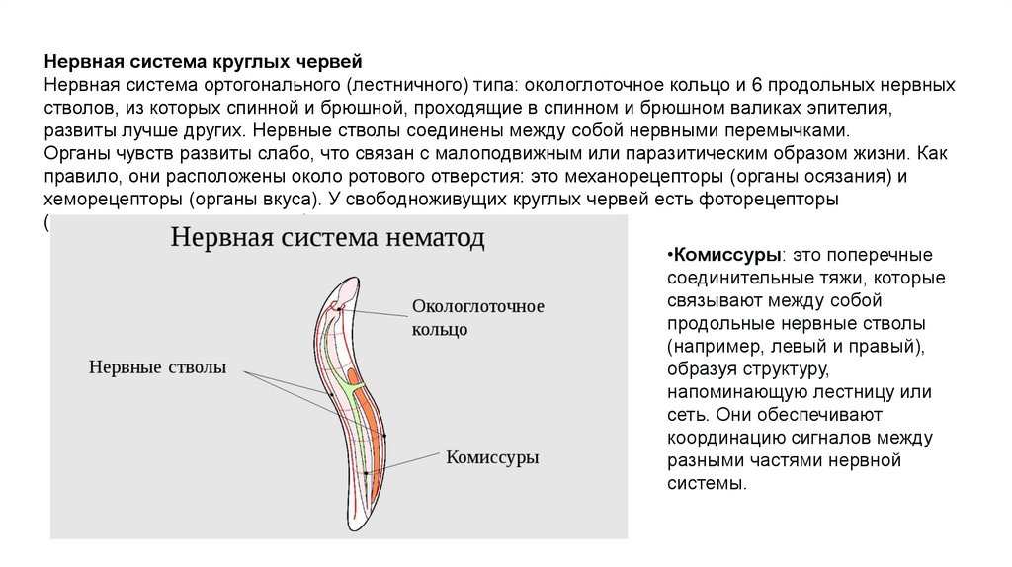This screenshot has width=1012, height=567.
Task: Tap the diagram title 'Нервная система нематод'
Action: click(328, 238)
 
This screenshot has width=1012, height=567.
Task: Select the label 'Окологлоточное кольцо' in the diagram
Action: click(477, 317)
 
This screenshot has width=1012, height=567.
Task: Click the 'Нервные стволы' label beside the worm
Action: click(158, 367)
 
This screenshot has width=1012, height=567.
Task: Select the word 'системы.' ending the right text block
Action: click(705, 483)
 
